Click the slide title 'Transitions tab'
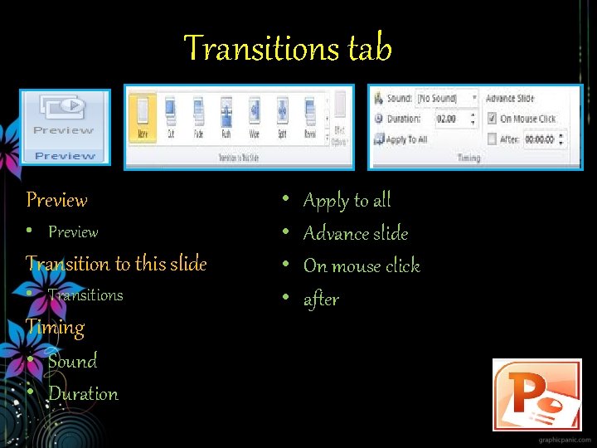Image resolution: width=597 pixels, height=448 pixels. point(287,48)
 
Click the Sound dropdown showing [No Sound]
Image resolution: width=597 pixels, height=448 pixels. point(446,99)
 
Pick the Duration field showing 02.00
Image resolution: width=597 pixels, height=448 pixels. point(446,119)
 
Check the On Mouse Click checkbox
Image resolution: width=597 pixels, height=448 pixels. point(491,119)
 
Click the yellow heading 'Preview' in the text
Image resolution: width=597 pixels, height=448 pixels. point(56,200)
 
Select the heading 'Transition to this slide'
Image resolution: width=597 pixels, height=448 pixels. point(116,264)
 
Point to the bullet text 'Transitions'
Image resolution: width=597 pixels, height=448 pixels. point(85,295)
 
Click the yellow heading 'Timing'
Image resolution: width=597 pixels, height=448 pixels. point(55,327)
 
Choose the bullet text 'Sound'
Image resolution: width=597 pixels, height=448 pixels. point(72,361)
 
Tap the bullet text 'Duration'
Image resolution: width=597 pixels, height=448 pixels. point(83,394)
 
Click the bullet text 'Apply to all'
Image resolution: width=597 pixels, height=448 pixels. point(347,200)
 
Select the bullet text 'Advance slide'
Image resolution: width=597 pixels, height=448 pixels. point(355,233)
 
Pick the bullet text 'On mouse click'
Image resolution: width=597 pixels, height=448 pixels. point(362,266)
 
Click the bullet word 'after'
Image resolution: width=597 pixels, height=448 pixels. point(321,299)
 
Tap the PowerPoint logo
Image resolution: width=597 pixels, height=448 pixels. point(536,394)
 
